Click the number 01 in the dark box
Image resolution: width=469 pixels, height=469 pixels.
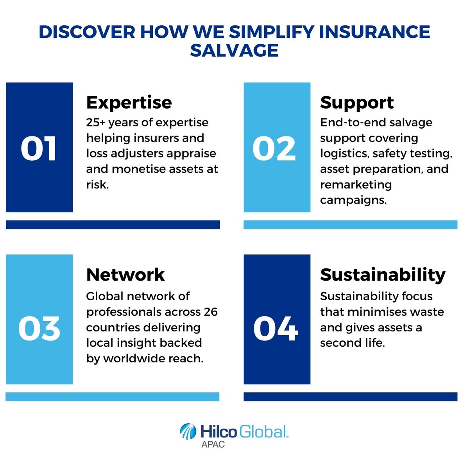(x=39, y=149)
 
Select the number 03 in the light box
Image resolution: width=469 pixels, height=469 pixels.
(x=39, y=328)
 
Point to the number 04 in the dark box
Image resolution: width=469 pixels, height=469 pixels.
(x=276, y=328)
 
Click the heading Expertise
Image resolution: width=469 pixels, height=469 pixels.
(x=129, y=102)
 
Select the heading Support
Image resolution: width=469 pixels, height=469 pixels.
(x=357, y=102)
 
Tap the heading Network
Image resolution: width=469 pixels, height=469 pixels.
(x=125, y=275)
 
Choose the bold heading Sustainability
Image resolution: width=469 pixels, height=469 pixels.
(x=383, y=275)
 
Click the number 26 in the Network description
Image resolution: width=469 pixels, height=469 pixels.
(x=211, y=312)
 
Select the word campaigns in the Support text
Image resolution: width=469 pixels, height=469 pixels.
(x=353, y=200)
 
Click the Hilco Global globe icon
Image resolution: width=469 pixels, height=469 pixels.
(x=188, y=432)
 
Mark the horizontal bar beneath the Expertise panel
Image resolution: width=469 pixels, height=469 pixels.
(x=113, y=225)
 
